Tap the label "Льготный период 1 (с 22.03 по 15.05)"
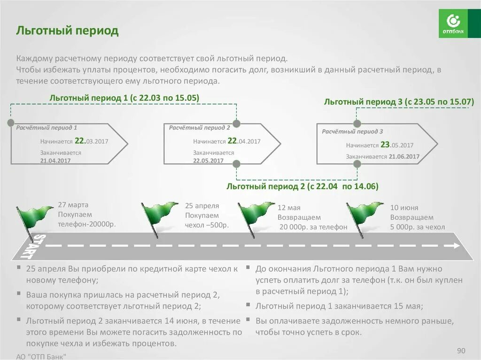[x=124, y=98]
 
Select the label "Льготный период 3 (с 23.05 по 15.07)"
[x=399, y=101]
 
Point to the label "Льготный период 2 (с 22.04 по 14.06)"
[x=302, y=186]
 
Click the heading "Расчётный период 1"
[x=47, y=127]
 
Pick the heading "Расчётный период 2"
[x=200, y=127]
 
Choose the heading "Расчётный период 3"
[x=352, y=131]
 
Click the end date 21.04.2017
[x=55, y=160]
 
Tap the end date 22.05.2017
[x=208, y=160]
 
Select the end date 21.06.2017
[x=404, y=156]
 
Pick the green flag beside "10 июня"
[x=364, y=215]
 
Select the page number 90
[x=460, y=351]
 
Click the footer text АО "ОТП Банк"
[x=41, y=356]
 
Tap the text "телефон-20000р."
[x=87, y=224]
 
